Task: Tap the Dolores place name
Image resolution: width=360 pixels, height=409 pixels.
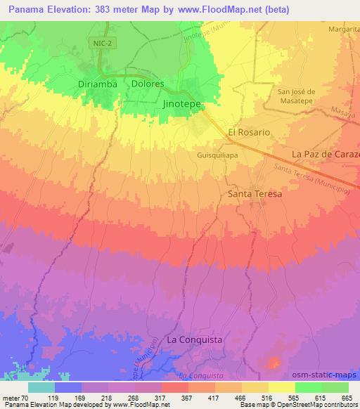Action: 148,83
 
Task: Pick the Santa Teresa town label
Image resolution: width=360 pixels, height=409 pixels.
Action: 255,193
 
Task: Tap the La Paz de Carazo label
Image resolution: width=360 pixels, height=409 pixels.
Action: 326,154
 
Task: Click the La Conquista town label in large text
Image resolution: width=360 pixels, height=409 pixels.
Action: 195,339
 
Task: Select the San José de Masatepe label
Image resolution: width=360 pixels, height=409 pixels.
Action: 298,98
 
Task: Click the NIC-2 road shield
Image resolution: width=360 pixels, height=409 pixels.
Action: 100,44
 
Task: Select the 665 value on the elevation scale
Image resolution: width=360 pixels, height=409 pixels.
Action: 347,397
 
